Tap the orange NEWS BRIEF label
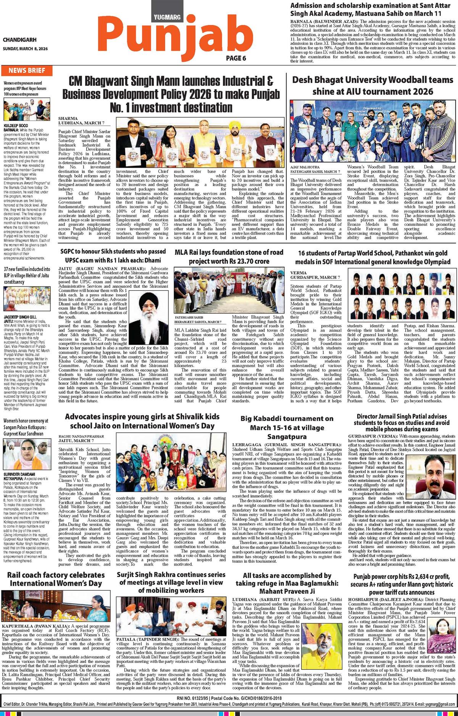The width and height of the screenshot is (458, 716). tap(27, 70)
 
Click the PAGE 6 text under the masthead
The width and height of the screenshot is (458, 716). tap(236, 58)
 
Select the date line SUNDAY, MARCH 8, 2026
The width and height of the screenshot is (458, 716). tap(25, 49)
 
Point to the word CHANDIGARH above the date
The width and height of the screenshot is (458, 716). tap(20, 40)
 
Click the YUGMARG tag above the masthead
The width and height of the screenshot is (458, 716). tap(168, 17)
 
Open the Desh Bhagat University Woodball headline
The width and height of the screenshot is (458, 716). tap(373, 86)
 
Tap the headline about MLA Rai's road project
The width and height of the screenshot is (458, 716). tap(229, 257)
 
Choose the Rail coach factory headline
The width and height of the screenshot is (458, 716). tap(56, 579)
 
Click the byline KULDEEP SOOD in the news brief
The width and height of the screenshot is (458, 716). tap(16, 125)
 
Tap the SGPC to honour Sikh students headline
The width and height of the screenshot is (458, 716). tap(113, 256)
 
